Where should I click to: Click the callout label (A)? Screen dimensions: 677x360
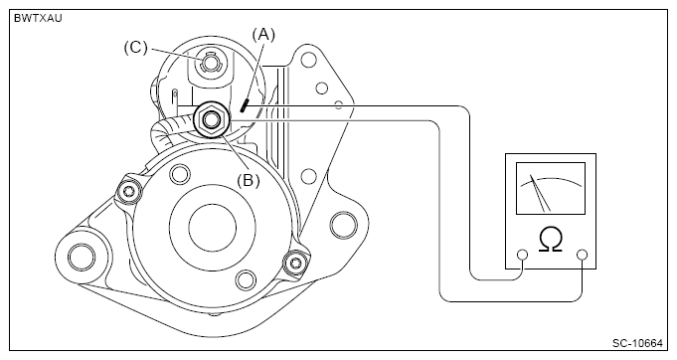[263, 35]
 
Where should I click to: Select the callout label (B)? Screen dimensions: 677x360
[249, 180]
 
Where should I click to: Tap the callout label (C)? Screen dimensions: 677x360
[135, 47]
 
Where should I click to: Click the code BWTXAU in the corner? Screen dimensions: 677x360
[38, 19]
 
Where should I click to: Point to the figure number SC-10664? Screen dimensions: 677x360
[637, 343]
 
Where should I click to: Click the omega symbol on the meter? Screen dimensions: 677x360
[551, 240]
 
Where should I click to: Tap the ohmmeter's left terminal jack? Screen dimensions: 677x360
[523, 255]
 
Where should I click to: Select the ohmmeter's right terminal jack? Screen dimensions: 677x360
[583, 255]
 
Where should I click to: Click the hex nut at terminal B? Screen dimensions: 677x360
[212, 119]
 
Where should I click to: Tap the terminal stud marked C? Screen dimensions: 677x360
[210, 63]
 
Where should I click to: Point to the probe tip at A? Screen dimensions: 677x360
[245, 105]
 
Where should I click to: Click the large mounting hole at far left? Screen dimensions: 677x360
[82, 257]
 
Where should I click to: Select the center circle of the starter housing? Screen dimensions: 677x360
[213, 228]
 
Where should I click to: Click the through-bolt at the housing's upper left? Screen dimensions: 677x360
[129, 191]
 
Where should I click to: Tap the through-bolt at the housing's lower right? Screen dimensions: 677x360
[295, 262]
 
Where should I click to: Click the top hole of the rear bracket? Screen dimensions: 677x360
[308, 59]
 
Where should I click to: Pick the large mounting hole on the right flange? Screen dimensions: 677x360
[344, 225]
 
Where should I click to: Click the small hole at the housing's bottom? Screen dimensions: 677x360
[246, 279]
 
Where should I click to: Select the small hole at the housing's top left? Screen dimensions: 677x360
[179, 173]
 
